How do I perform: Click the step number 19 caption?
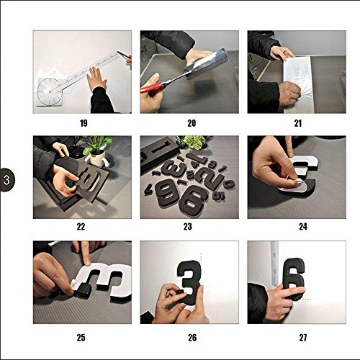[x=84, y=123]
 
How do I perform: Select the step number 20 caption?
[x=192, y=123]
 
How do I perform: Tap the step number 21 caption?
[x=298, y=123]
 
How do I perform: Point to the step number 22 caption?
[x=81, y=227]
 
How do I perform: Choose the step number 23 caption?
[x=188, y=227]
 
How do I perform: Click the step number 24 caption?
[x=303, y=227]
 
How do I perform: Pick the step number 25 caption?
[x=81, y=338]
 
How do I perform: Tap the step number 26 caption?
[x=192, y=338]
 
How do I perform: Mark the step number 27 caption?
[x=303, y=338]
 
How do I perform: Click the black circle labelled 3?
[x=6, y=180]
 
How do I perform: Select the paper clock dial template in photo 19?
[x=49, y=91]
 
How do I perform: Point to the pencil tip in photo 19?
[x=118, y=52]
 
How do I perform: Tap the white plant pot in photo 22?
[x=96, y=158]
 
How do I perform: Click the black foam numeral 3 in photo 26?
[x=189, y=282]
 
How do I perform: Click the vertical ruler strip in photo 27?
[x=274, y=264]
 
